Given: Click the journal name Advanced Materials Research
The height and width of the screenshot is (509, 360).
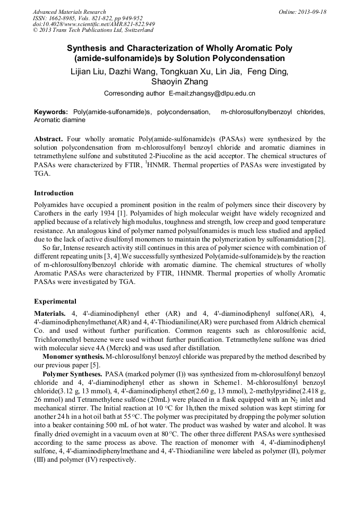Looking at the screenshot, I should tap(69, 12).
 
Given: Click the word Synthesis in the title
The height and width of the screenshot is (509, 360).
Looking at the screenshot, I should tap(89, 48).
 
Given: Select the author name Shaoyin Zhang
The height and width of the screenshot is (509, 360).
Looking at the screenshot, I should tap(179, 82).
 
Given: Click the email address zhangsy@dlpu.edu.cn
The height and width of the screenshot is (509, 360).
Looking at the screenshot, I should tap(211, 93).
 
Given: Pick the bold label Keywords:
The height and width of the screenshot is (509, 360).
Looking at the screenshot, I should tap(51, 113).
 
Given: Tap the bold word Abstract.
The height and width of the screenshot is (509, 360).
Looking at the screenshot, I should tap(48, 139).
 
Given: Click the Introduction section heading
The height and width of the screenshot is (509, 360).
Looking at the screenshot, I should tap(54, 193).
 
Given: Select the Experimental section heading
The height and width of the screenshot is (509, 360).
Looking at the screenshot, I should tap(55, 301).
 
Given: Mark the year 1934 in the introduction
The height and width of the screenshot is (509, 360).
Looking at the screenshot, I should tap(108, 213).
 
